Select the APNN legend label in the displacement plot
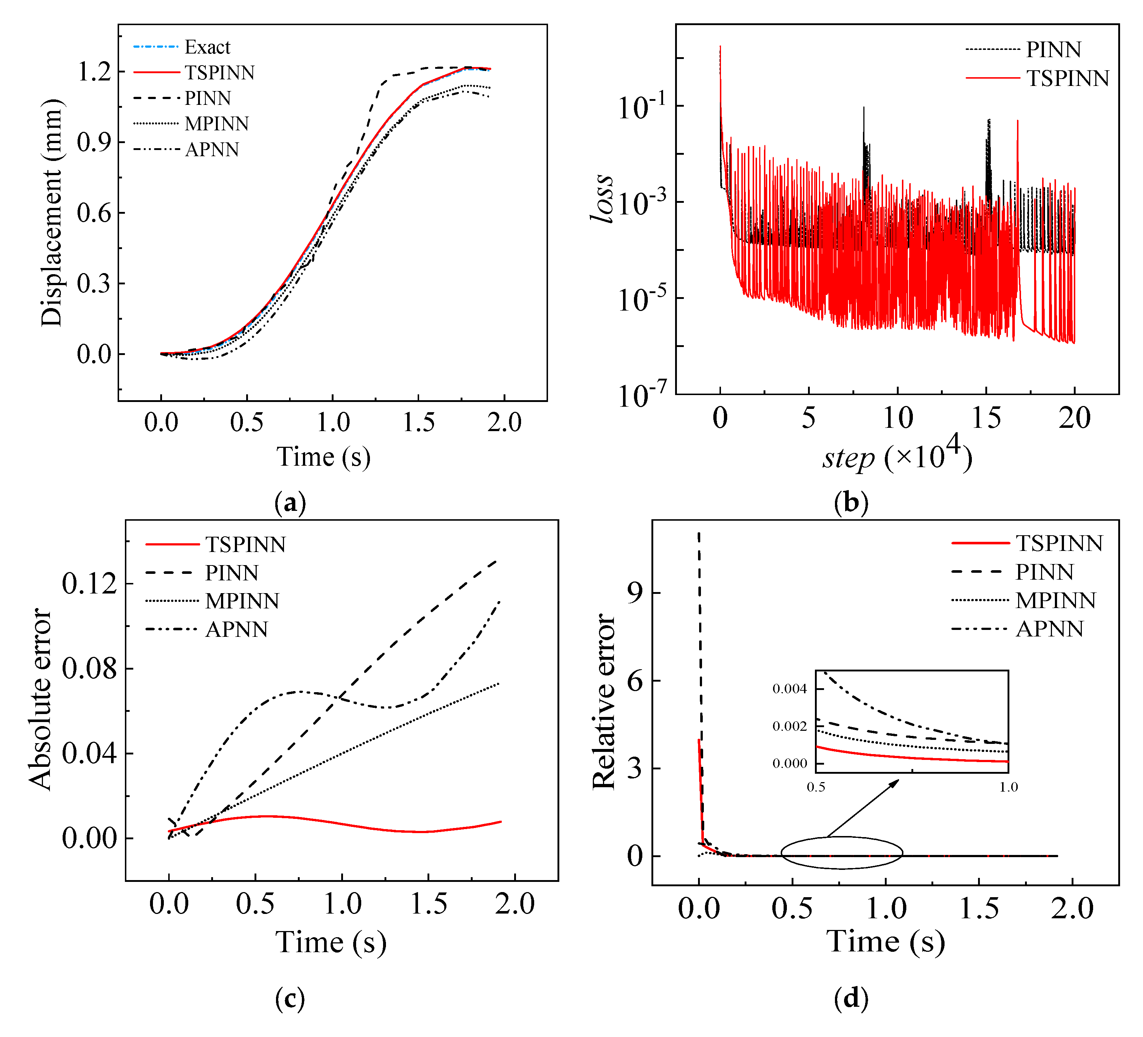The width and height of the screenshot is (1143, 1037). pyautogui.click(x=212, y=150)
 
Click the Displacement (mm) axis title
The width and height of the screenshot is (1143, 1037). pyautogui.click(x=52, y=213)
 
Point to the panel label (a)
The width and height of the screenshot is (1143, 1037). pyautogui.click(x=290, y=502)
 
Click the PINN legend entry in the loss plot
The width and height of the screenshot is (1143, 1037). pyautogui.click(x=1053, y=50)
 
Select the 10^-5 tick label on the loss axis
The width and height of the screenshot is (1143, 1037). pyautogui.click(x=641, y=300)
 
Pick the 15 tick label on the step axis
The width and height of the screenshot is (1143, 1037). pyautogui.click(x=986, y=419)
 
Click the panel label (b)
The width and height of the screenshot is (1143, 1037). pyautogui.click(x=851, y=502)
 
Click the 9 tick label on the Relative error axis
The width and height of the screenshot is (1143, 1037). pyautogui.click(x=635, y=593)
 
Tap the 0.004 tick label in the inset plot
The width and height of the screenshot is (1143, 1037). pyautogui.click(x=789, y=689)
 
